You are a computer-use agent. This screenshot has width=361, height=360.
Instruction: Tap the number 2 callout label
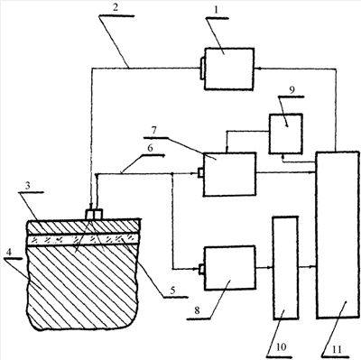pyautogui.click(x=116, y=8)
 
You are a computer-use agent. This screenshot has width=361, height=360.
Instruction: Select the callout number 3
pyautogui.click(x=27, y=186)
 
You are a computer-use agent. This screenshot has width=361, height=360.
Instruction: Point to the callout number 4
pyautogui.click(x=9, y=252)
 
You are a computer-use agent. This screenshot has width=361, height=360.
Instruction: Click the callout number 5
pyautogui.click(x=172, y=291)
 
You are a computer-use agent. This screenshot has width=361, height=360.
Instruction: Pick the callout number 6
pyautogui.click(x=151, y=148)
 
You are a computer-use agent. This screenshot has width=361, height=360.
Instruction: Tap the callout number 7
pyautogui.click(x=153, y=130)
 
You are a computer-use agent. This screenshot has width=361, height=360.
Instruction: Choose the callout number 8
pyautogui.click(x=197, y=310)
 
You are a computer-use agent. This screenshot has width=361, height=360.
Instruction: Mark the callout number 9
pyautogui.click(x=292, y=89)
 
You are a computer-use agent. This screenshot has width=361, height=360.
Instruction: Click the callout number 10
pyautogui.click(x=281, y=346)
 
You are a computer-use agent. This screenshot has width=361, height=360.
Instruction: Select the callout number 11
pyautogui.click(x=337, y=350)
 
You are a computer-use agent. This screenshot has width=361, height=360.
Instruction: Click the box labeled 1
pyautogui.click(x=229, y=69)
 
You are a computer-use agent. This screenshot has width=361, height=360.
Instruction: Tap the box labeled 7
pyautogui.click(x=229, y=174)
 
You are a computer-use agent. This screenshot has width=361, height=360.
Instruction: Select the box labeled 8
pyautogui.click(x=230, y=268)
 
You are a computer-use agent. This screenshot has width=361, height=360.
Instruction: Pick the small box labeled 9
pyautogui.click(x=286, y=134)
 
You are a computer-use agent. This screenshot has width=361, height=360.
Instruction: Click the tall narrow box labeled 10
pyautogui.click(x=285, y=268)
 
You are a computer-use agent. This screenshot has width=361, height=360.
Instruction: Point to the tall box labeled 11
pyautogui.click(x=338, y=235)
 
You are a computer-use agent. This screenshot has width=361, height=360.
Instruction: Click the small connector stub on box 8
pyautogui.click(x=201, y=270)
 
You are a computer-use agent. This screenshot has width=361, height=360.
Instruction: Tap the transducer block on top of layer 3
pyautogui.click(x=94, y=215)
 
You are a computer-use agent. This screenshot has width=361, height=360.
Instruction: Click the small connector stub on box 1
pyautogui.click(x=202, y=69)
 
